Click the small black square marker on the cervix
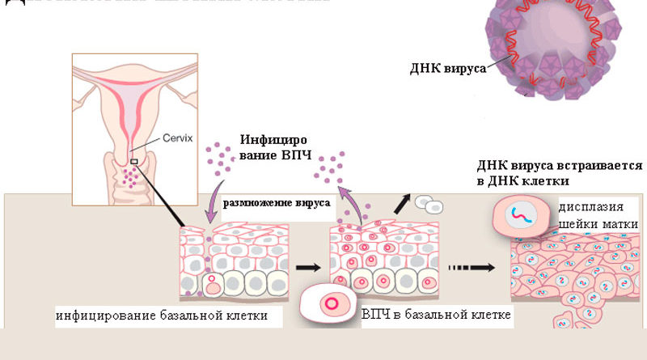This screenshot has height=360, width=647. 134,162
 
